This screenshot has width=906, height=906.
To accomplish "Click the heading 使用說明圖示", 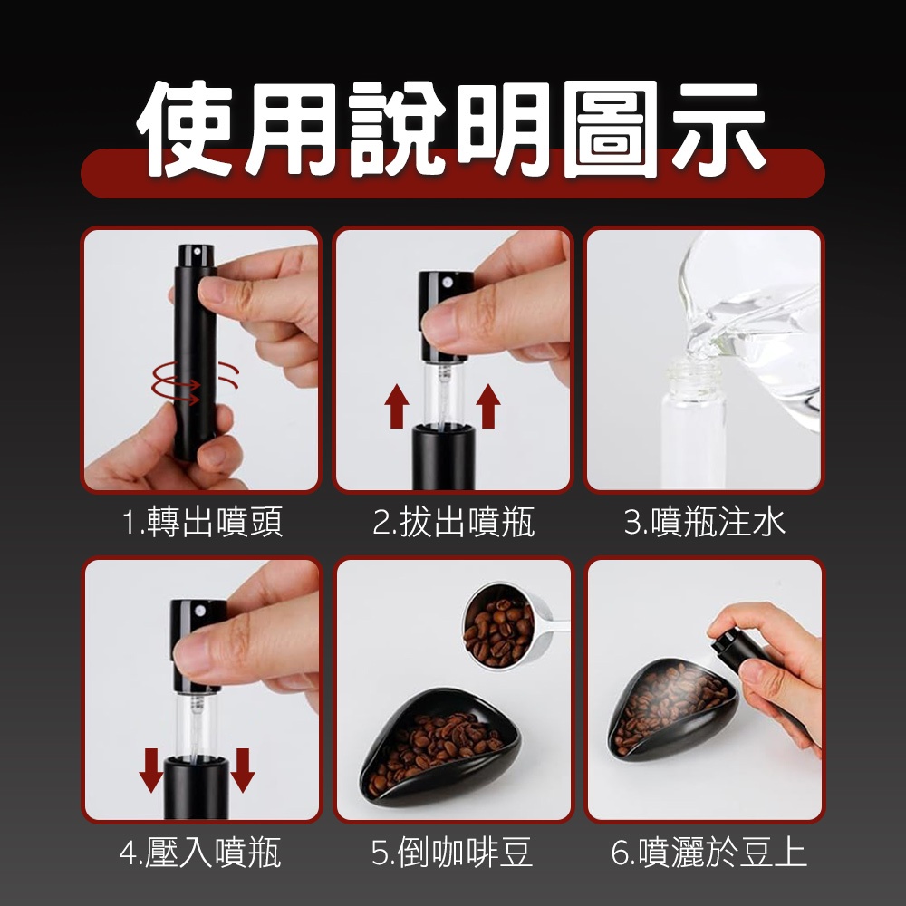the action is [451, 130].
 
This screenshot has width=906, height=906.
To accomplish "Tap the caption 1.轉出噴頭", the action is [202, 522].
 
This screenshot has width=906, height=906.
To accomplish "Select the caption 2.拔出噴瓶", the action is [453, 522].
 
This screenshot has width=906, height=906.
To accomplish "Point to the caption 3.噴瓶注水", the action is [704, 522].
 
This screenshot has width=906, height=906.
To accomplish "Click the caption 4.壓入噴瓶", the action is [200, 852].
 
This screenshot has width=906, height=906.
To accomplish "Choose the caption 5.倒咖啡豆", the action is [451, 852].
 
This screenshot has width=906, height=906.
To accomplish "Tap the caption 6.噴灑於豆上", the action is [708, 852].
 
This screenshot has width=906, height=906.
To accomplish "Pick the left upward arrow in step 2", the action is [397, 406].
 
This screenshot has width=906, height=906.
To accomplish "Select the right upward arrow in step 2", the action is [488, 406].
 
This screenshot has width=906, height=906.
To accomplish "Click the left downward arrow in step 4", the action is [151, 769].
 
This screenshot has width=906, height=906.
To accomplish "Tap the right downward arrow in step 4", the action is [243, 769].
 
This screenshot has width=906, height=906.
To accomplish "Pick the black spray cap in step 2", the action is [445, 316].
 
